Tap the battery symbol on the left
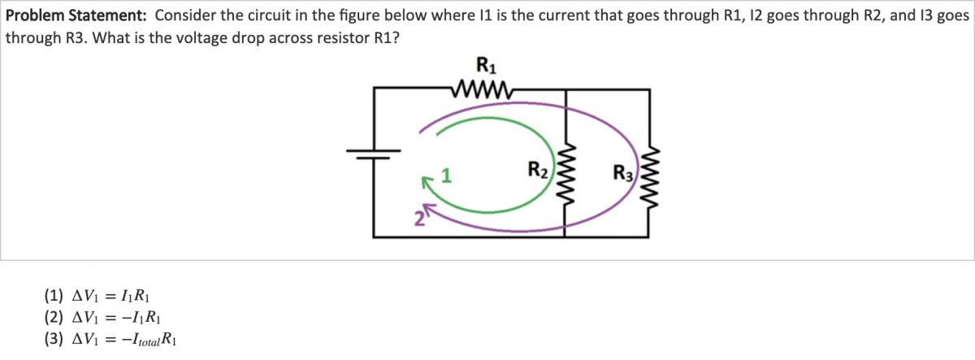375,154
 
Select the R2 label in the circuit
538,171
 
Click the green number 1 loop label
446,174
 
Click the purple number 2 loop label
419,217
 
